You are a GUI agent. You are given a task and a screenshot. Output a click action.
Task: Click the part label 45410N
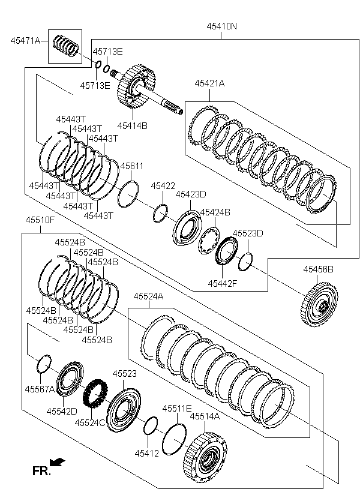pyautogui.click(x=222, y=26)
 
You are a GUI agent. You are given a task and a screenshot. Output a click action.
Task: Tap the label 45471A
pyautogui.click(x=25, y=41)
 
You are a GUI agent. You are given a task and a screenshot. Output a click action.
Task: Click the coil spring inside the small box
pyautogui.click(x=66, y=46)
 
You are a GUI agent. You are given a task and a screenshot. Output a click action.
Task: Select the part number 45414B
pyautogui.click(x=132, y=125)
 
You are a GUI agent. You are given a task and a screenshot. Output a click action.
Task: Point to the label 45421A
pyautogui.click(x=209, y=83)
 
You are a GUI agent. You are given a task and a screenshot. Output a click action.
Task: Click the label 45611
pyautogui.click(x=132, y=166)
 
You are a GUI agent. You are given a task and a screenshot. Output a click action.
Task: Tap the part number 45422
pyautogui.click(x=163, y=187)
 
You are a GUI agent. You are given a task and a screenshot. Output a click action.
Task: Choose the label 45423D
pyautogui.click(x=190, y=194)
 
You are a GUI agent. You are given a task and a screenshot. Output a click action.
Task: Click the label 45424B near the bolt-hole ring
pyautogui.click(x=215, y=212)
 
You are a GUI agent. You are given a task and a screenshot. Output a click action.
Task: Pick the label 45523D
pyautogui.click(x=248, y=233)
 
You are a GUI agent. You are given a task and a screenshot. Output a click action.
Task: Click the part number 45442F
pyautogui.click(x=223, y=283)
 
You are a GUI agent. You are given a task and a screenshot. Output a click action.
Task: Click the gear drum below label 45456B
pyautogui.click(x=318, y=304)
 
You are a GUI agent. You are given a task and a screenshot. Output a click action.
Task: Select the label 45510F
pyautogui.click(x=40, y=220)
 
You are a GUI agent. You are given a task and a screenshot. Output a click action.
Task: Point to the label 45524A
pyautogui.click(x=148, y=296)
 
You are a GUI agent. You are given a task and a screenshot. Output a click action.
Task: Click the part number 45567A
pyautogui.click(x=40, y=389)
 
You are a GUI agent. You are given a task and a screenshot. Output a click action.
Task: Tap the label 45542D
pyautogui.click(x=62, y=411)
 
